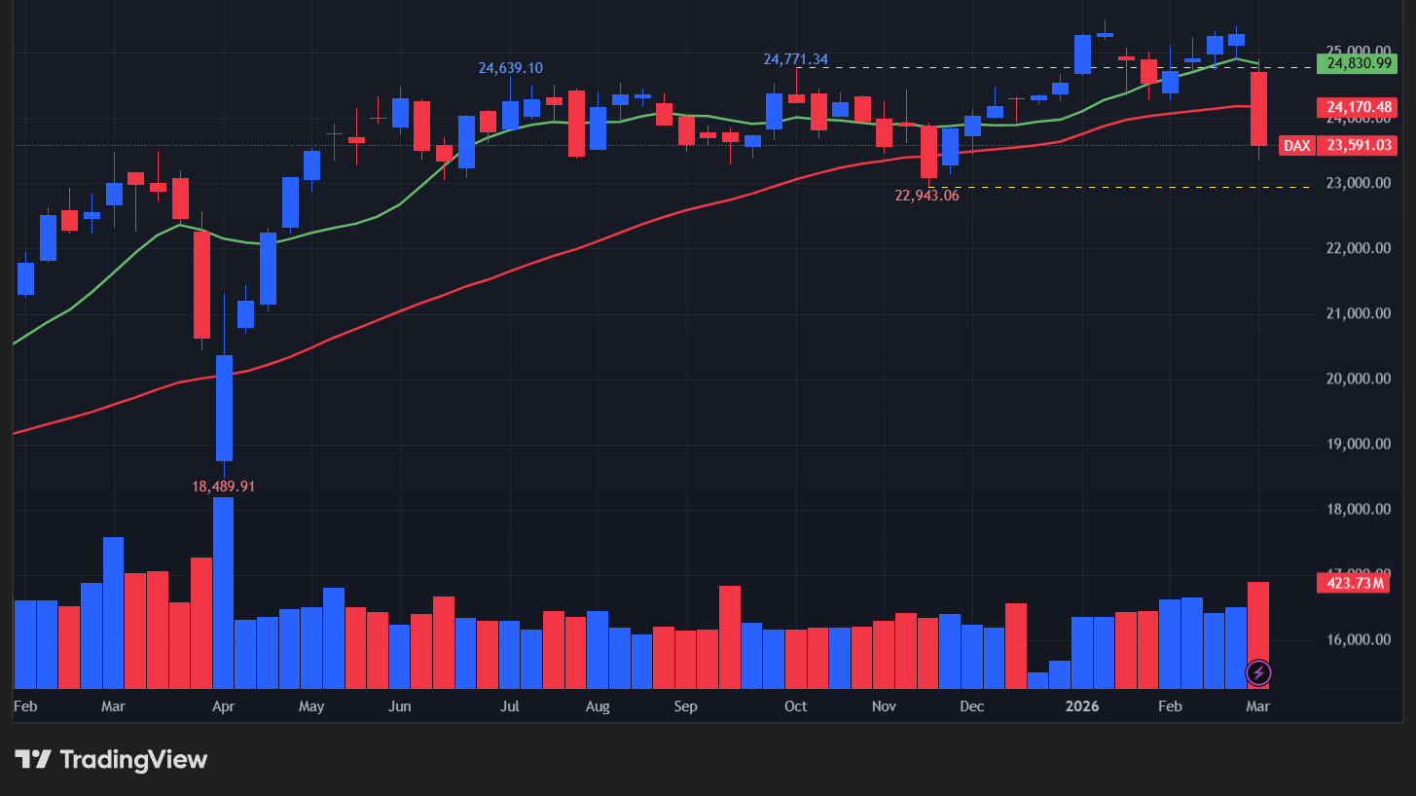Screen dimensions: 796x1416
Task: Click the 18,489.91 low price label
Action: (x=224, y=486)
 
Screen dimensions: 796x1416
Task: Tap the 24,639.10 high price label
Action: (x=510, y=68)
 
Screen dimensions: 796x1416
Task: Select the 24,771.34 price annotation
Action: (x=795, y=59)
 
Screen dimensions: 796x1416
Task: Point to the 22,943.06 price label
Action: (x=926, y=195)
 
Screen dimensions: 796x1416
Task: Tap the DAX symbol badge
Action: (x=1295, y=146)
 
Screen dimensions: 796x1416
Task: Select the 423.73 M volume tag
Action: (x=1354, y=583)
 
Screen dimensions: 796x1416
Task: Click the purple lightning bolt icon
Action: (x=1258, y=671)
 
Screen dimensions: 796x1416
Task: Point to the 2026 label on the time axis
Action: (x=1082, y=706)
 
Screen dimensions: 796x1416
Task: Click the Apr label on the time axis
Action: (x=224, y=706)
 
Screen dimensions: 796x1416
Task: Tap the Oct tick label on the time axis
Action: (x=795, y=706)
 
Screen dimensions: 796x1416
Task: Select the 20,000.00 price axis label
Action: (x=1358, y=379)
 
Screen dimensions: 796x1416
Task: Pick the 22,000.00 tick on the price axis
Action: (x=1358, y=248)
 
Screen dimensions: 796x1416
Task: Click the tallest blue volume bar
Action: (x=224, y=594)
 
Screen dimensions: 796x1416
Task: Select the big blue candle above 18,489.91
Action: (x=224, y=408)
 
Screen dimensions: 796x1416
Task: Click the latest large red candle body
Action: (x=1258, y=109)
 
